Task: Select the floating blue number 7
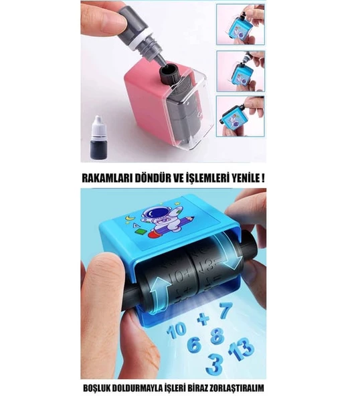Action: tap(225, 310)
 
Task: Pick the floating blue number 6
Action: tap(193, 346)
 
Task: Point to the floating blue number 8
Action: tap(215, 336)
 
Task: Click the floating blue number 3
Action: tap(213, 365)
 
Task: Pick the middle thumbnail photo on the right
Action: tap(240, 70)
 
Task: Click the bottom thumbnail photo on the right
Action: tap(240, 116)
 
